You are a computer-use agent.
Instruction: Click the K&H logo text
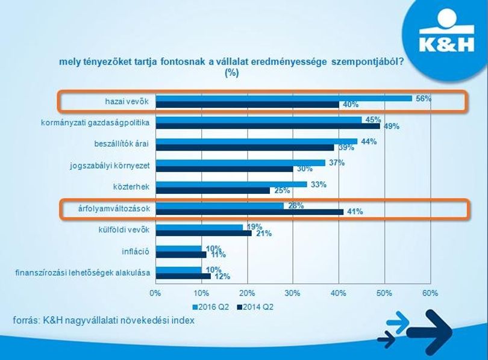click(446, 44)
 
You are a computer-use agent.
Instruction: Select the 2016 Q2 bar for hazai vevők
click(284, 99)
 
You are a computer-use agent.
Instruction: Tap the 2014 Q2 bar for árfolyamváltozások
click(249, 212)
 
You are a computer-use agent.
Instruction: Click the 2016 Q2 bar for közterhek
click(231, 184)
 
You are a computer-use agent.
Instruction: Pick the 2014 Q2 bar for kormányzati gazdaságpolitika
click(267, 126)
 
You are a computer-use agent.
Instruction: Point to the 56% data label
click(424, 99)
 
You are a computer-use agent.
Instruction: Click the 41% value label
click(355, 212)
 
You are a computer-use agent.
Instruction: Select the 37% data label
click(337, 163)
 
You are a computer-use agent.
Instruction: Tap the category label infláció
click(136, 251)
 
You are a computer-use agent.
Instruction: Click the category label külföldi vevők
click(124, 230)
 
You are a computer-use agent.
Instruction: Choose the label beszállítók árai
click(121, 144)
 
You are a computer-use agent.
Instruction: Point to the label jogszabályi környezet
click(110, 166)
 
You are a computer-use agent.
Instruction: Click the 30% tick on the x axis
click(293, 293)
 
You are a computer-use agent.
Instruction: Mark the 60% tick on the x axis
click(430, 293)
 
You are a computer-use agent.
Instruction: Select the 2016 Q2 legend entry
click(211, 307)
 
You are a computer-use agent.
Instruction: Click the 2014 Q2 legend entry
click(255, 307)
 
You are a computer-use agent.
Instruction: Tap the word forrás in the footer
click(25, 320)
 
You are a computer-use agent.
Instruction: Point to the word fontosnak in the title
click(182, 61)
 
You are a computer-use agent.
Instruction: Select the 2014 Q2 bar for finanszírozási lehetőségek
click(183, 276)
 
